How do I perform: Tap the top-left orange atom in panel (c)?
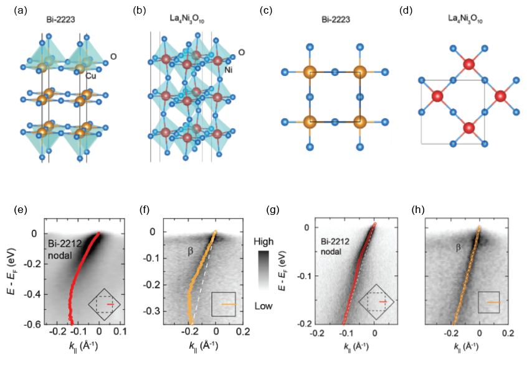coord(310,73)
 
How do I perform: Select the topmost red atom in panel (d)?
coord(468,64)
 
